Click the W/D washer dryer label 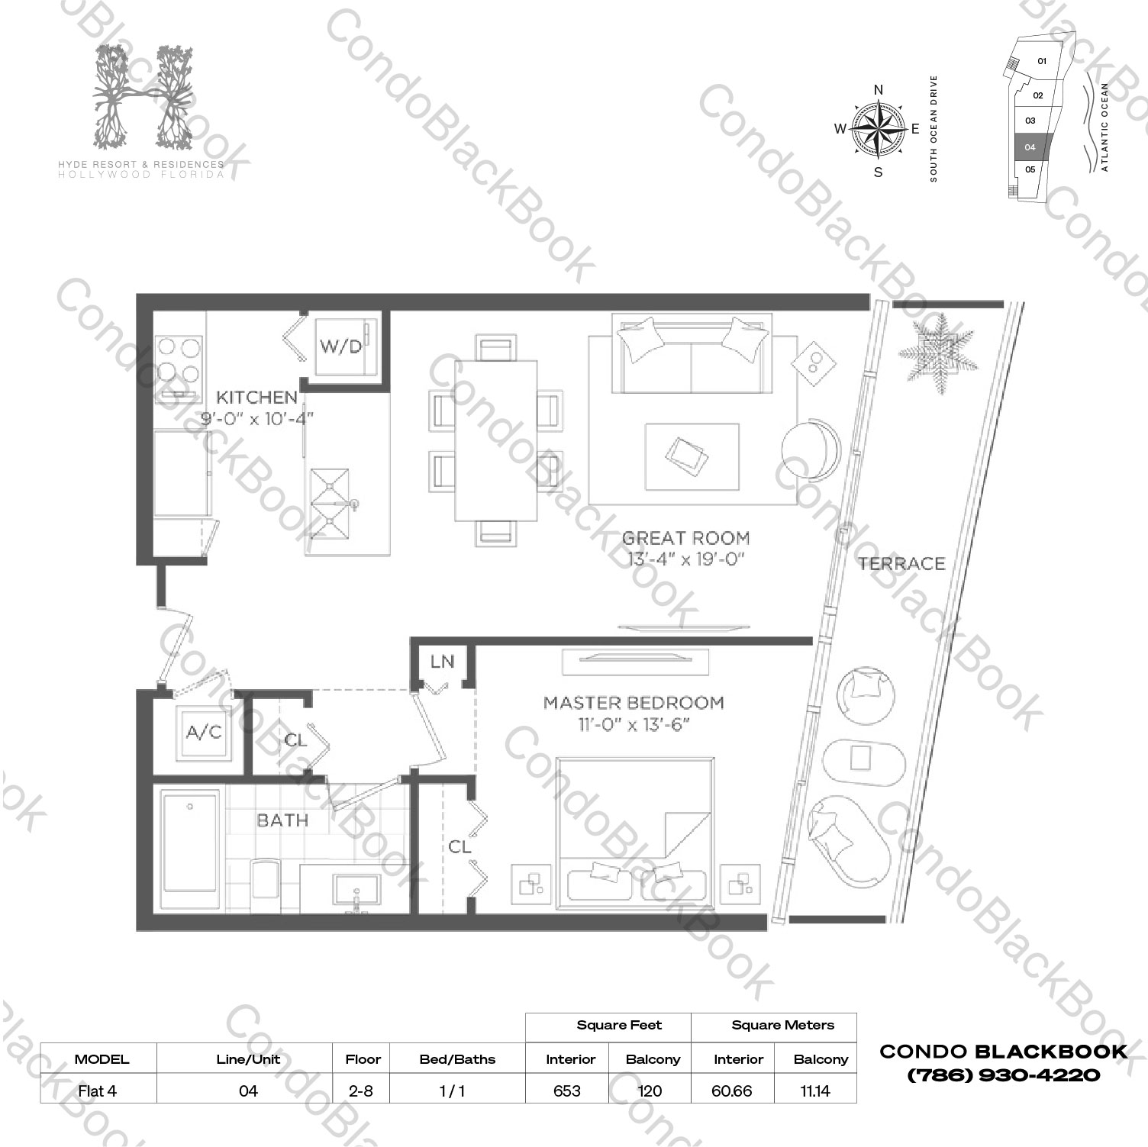(340, 346)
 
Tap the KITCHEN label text (256, 397)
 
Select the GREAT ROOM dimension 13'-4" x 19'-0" (685, 559)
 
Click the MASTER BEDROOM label (634, 703)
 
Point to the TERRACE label (901, 564)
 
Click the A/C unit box (204, 733)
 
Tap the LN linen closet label (442, 662)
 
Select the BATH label (282, 820)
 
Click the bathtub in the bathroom (190, 849)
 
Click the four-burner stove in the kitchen (179, 362)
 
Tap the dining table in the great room (495, 440)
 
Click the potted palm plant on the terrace (936, 353)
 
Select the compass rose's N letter (878, 90)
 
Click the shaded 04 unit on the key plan (1033, 147)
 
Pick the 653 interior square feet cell (566, 1091)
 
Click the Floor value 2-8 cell (361, 1091)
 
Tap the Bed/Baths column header (457, 1059)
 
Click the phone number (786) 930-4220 (1003, 1075)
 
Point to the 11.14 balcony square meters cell (815, 1091)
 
